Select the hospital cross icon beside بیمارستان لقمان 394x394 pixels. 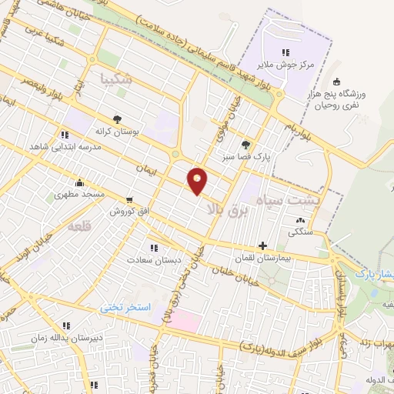(263, 246)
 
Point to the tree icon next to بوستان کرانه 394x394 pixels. (117, 119)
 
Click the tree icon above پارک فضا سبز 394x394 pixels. (245, 144)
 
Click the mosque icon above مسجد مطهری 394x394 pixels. (79, 183)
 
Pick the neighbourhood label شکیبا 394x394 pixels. (116, 78)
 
